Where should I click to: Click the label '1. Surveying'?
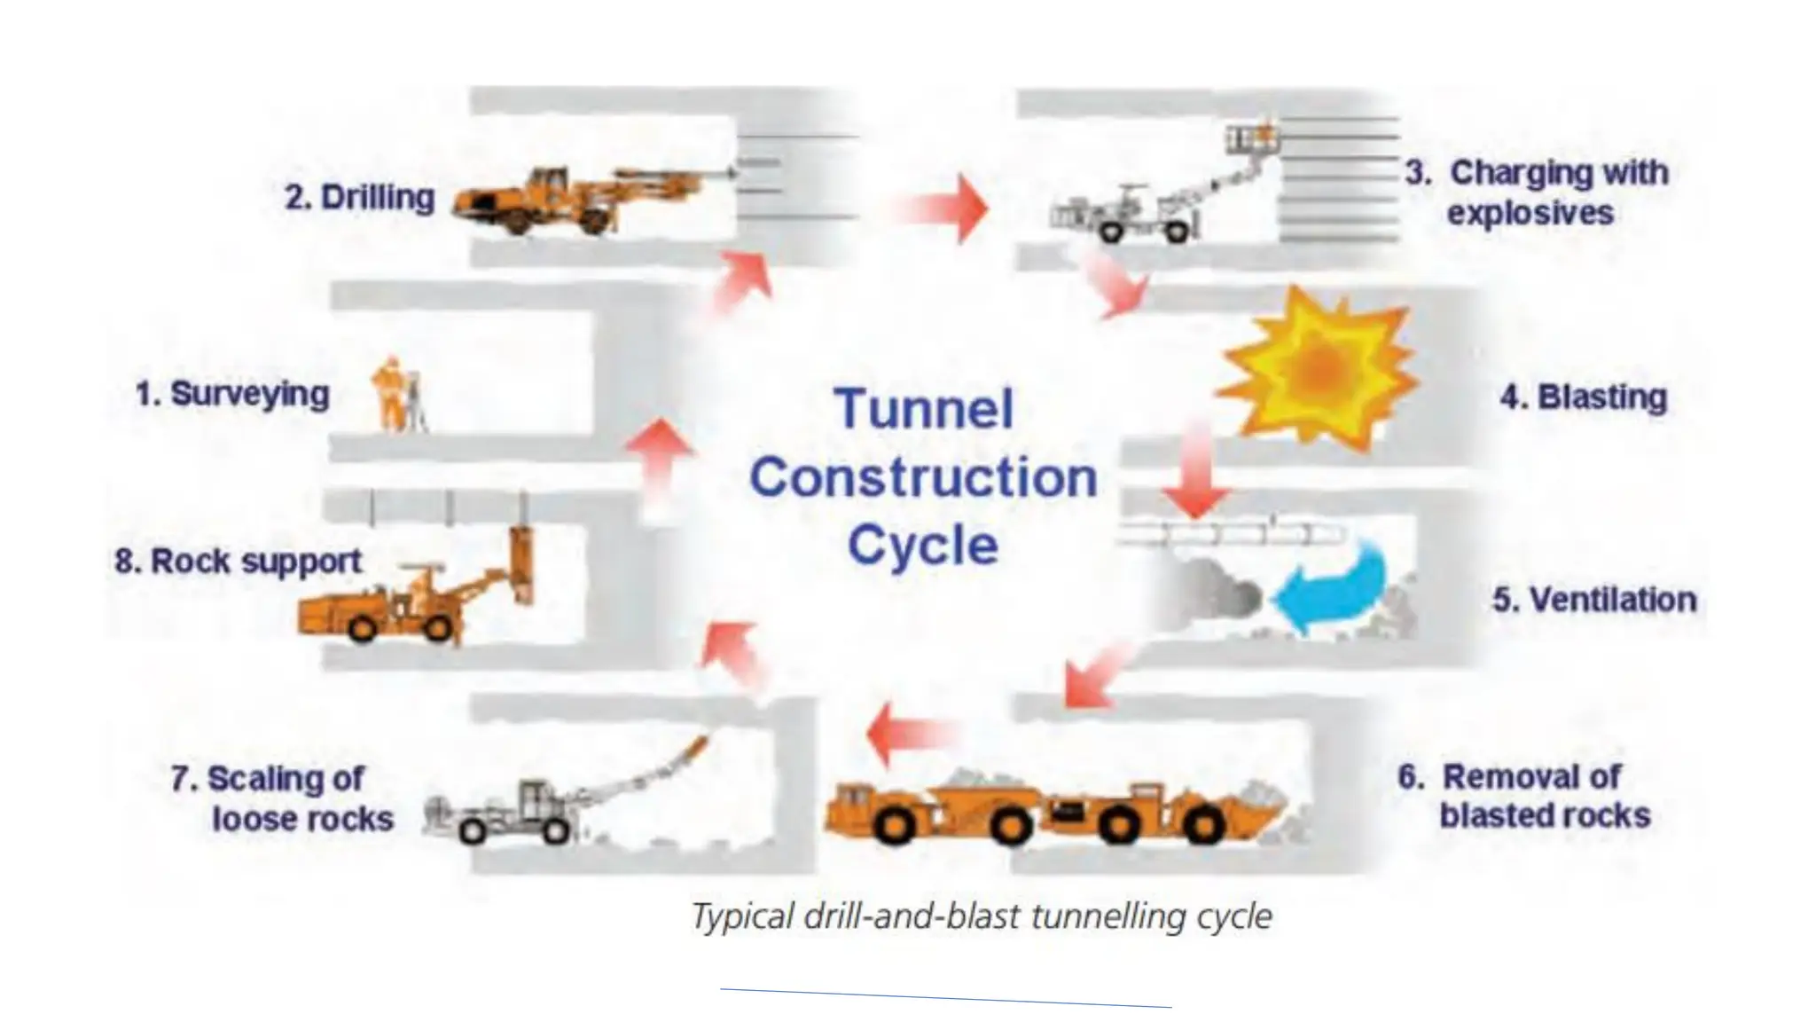232,394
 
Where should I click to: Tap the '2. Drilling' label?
360,197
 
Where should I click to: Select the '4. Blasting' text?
1584,397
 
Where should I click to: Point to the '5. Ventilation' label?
1594,600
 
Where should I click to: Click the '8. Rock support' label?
239,561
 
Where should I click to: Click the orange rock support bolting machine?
399,603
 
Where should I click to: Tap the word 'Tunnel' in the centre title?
924,409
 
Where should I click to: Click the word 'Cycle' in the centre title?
923,545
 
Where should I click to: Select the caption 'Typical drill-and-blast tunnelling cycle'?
982,916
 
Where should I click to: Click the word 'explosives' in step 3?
1530,213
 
